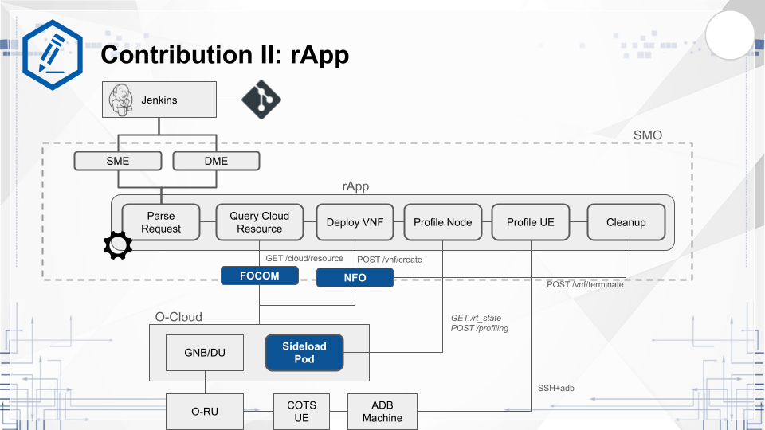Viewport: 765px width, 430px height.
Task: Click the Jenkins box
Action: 161,100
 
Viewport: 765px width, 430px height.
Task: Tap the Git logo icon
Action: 261,100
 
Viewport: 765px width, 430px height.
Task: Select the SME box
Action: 118,161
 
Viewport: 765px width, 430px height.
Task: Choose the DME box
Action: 216,161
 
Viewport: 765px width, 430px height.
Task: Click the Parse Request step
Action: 161,222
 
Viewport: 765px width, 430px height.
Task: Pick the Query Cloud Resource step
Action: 260,222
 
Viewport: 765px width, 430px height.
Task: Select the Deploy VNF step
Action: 355,222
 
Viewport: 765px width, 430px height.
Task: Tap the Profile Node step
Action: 442,222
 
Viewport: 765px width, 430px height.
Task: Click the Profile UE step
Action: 530,222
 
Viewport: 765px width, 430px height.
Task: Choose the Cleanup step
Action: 626,222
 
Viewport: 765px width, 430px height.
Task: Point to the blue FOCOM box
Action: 260,276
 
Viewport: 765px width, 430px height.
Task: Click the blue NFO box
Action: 355,277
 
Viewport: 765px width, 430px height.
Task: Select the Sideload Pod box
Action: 304,353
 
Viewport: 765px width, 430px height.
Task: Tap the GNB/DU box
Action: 206,353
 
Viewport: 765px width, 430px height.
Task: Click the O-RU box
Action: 205,412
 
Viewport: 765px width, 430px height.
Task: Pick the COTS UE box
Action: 301,412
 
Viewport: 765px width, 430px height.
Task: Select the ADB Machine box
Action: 382,412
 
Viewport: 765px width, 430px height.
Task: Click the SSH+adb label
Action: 557,388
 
